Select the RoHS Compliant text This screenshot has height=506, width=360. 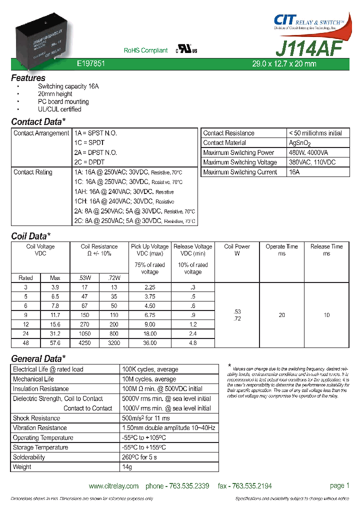145,50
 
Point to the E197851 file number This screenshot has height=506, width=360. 90,64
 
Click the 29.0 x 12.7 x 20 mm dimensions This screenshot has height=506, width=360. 283,64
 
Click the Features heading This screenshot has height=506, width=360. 28,78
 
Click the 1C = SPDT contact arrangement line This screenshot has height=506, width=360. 89,142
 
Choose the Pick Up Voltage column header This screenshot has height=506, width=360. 149,246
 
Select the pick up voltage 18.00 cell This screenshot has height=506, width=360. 149,334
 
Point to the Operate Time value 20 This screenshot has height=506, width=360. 281,315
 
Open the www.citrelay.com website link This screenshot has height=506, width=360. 113,486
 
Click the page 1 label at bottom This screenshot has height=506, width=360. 339,485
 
